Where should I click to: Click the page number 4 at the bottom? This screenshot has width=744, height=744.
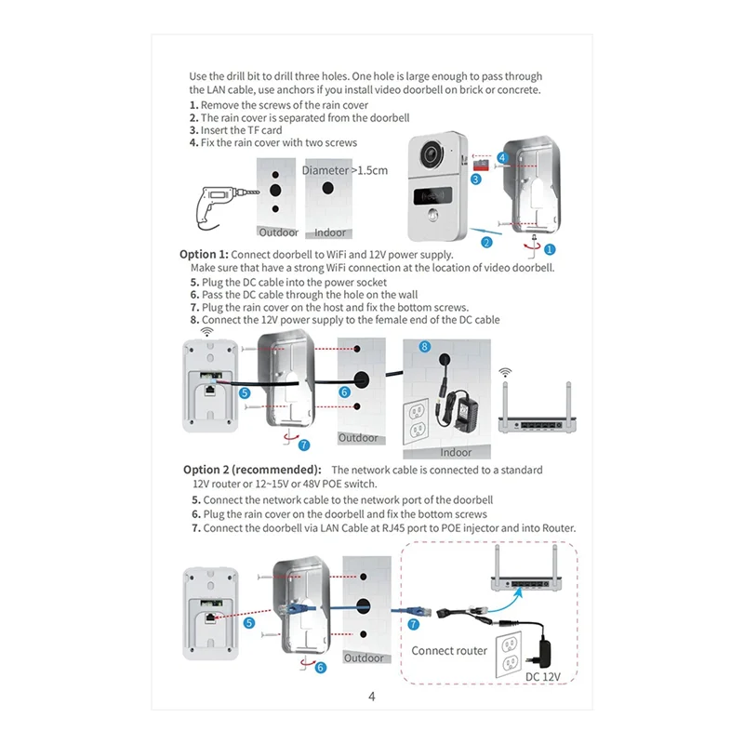[371, 696]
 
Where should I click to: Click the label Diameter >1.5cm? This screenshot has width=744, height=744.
[345, 170]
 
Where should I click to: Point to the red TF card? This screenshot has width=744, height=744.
[483, 163]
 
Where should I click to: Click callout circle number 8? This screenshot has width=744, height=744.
[425, 346]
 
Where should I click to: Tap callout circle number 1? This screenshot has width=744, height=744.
[549, 249]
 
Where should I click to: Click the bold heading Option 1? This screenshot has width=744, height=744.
[204, 254]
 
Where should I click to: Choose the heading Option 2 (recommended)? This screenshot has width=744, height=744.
[253, 470]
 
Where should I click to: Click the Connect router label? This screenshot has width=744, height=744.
[449, 651]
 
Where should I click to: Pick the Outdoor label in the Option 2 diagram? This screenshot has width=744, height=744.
[363, 658]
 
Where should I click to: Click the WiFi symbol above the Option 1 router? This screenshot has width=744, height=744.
[506, 373]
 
